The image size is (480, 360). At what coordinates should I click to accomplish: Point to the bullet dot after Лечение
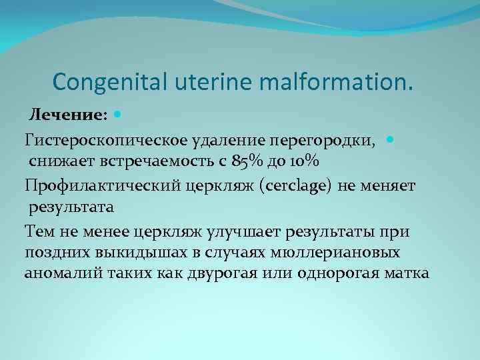[x=119, y=115]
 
